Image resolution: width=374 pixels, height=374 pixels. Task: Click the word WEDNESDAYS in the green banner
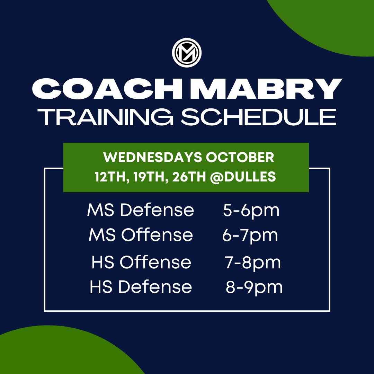[x=153, y=158]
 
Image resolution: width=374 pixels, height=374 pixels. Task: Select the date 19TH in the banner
[x=150, y=177]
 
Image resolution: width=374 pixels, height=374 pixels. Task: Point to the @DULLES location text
[x=243, y=177]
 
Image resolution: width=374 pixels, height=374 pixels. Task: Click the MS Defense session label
[x=141, y=211]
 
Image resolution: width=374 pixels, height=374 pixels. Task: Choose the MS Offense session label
[x=141, y=235]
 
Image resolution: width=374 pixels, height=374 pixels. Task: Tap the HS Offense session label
[x=141, y=262]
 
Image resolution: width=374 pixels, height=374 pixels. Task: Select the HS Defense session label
[x=141, y=287]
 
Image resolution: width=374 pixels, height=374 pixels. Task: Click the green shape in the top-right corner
[x=332, y=21]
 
